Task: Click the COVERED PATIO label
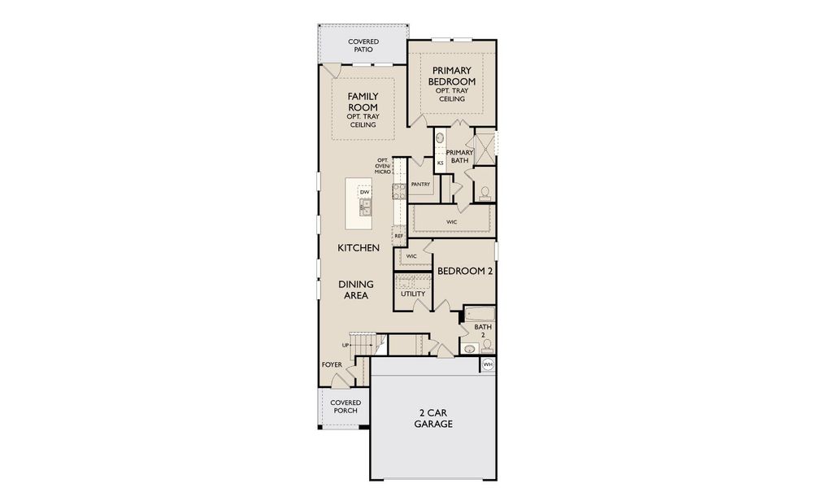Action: (363, 46)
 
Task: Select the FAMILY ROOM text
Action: (363, 102)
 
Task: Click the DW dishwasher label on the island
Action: (364, 192)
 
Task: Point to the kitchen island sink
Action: (365, 208)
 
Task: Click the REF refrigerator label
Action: (398, 236)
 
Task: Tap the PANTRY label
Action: (420, 185)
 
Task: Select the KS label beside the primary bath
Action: (440, 163)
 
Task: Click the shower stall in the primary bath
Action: (485, 149)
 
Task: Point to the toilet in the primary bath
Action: (485, 193)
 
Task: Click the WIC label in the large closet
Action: (451, 221)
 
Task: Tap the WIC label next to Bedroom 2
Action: (411, 256)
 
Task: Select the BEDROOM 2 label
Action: (465, 272)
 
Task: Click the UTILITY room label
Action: (412, 294)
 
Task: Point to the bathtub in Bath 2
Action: (478, 315)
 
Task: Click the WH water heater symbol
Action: (488, 365)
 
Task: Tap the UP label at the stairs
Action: (345, 345)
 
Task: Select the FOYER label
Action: (332, 364)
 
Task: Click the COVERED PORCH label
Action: (345, 406)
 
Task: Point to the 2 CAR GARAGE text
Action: (433, 419)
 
